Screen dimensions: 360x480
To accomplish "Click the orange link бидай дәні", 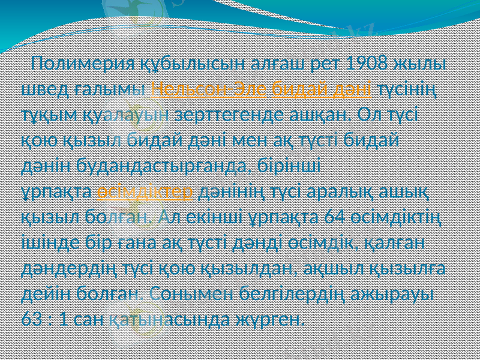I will click(x=322, y=89).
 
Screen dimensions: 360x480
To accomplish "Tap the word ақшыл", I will click(x=344, y=266).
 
